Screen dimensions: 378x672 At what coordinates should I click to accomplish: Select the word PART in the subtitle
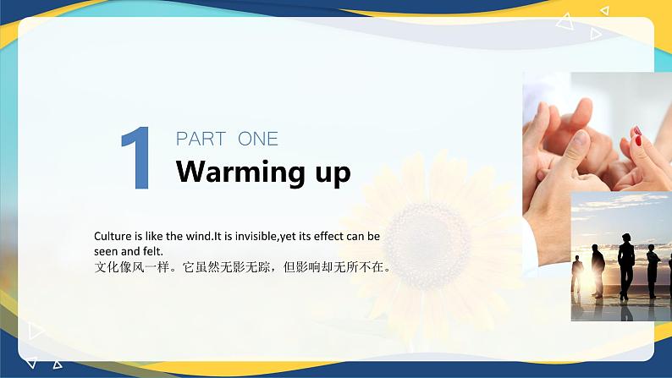click(201, 140)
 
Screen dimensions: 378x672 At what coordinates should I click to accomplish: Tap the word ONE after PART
click(258, 140)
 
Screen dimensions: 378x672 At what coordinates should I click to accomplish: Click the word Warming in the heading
click(240, 172)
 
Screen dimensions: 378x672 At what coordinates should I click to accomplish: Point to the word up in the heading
click(332, 173)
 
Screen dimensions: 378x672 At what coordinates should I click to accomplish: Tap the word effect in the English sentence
click(333, 237)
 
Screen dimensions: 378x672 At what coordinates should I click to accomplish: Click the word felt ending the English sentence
click(152, 251)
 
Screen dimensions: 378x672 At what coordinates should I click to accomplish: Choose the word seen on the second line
click(106, 251)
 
